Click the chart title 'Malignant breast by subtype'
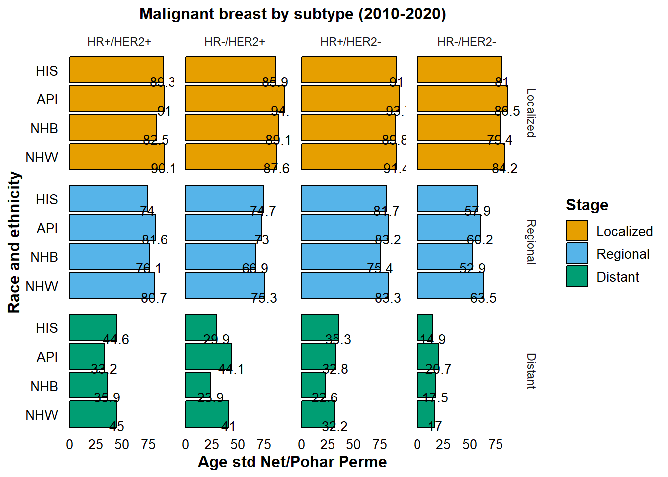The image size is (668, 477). tap(292, 14)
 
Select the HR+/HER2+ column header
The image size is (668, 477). tap(119, 42)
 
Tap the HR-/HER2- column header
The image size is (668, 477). tap(466, 42)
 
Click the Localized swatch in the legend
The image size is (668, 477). tap(577, 231)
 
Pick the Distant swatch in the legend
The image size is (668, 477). tap(577, 276)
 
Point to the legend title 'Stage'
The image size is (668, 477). tap(586, 205)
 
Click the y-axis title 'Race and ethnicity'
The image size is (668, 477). tap(14, 242)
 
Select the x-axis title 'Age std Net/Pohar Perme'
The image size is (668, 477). tap(292, 462)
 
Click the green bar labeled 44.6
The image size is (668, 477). tap(93, 327)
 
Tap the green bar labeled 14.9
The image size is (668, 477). tap(425, 327)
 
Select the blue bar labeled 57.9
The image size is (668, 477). tap(447, 198)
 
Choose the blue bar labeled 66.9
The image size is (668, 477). tap(220, 256)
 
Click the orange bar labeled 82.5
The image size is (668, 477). tap(113, 127)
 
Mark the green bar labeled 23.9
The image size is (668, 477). tap(198, 385)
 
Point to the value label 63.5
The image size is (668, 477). tap(483, 298)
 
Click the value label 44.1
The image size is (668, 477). tap(231, 369)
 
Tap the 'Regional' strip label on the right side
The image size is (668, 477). tap(531, 242)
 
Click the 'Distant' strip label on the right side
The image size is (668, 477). tap(531, 371)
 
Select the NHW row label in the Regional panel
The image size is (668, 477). tap(42, 286)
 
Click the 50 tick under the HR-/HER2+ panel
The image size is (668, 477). tap(238, 444)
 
